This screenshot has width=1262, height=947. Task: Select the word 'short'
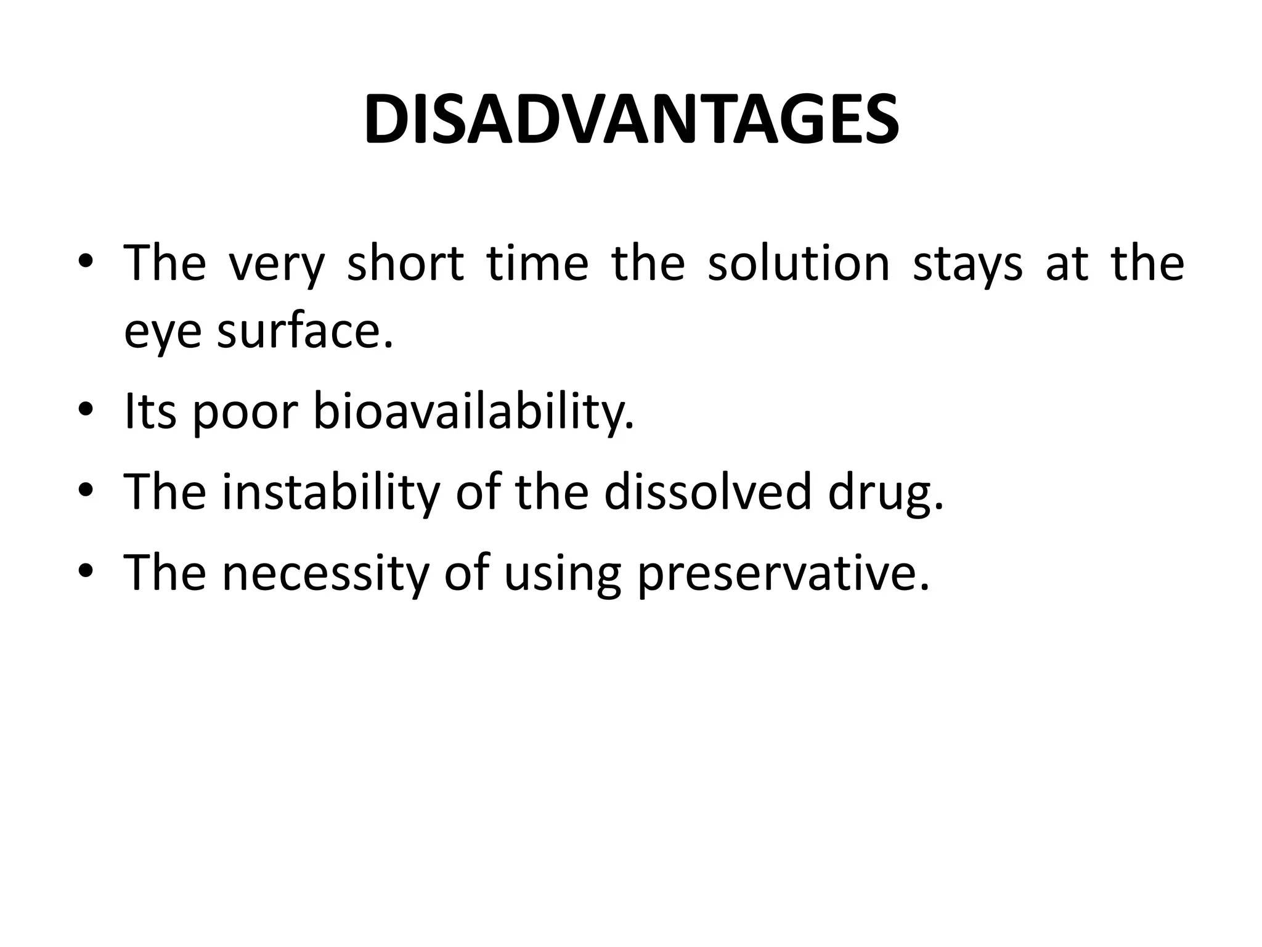pyautogui.click(x=405, y=264)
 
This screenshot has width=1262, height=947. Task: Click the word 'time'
pyautogui.click(x=537, y=264)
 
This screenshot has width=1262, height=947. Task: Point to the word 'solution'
pyautogui.click(x=799, y=264)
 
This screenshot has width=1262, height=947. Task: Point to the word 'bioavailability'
pyautogui.click(x=473, y=411)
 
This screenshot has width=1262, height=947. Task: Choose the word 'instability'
pyautogui.click(x=331, y=492)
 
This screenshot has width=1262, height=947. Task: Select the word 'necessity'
pyautogui.click(x=325, y=572)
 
